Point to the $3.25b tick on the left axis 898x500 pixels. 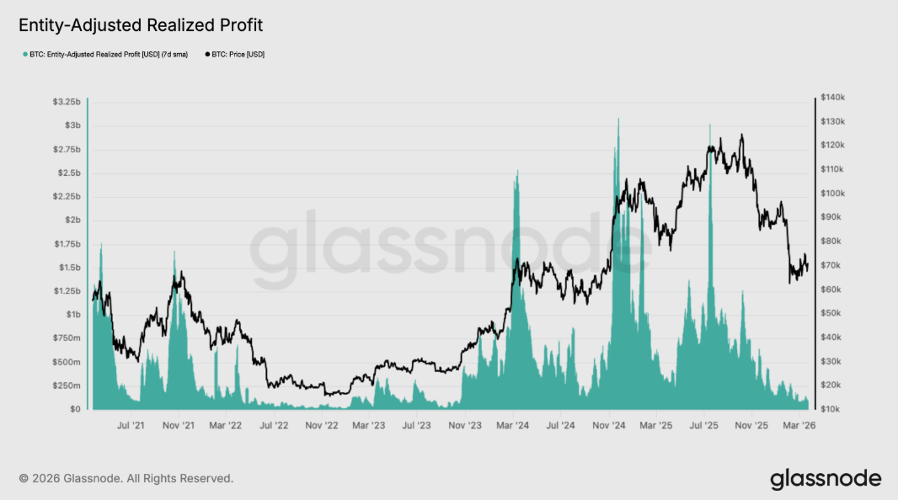coord(67,102)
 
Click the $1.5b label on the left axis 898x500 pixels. coord(68,268)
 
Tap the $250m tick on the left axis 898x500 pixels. coord(67,386)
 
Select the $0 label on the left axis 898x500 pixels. coord(74,409)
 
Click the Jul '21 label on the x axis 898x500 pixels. coord(131,426)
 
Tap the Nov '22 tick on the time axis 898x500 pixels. coord(321,426)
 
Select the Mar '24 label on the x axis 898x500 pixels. coord(512,426)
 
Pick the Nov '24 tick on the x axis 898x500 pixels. coord(607,426)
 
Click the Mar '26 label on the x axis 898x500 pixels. coord(799,426)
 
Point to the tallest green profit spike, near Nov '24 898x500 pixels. coord(618,120)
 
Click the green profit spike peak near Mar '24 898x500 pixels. coord(516,171)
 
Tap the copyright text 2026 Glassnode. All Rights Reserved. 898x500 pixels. coord(126,478)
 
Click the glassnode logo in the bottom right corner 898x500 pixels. coord(825,479)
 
